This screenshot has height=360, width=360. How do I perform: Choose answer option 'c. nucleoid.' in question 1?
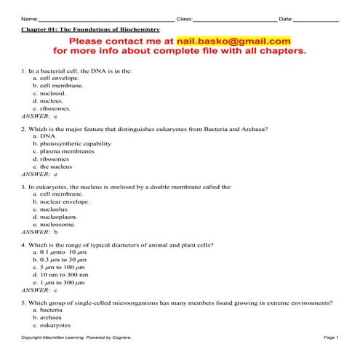(49, 93)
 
